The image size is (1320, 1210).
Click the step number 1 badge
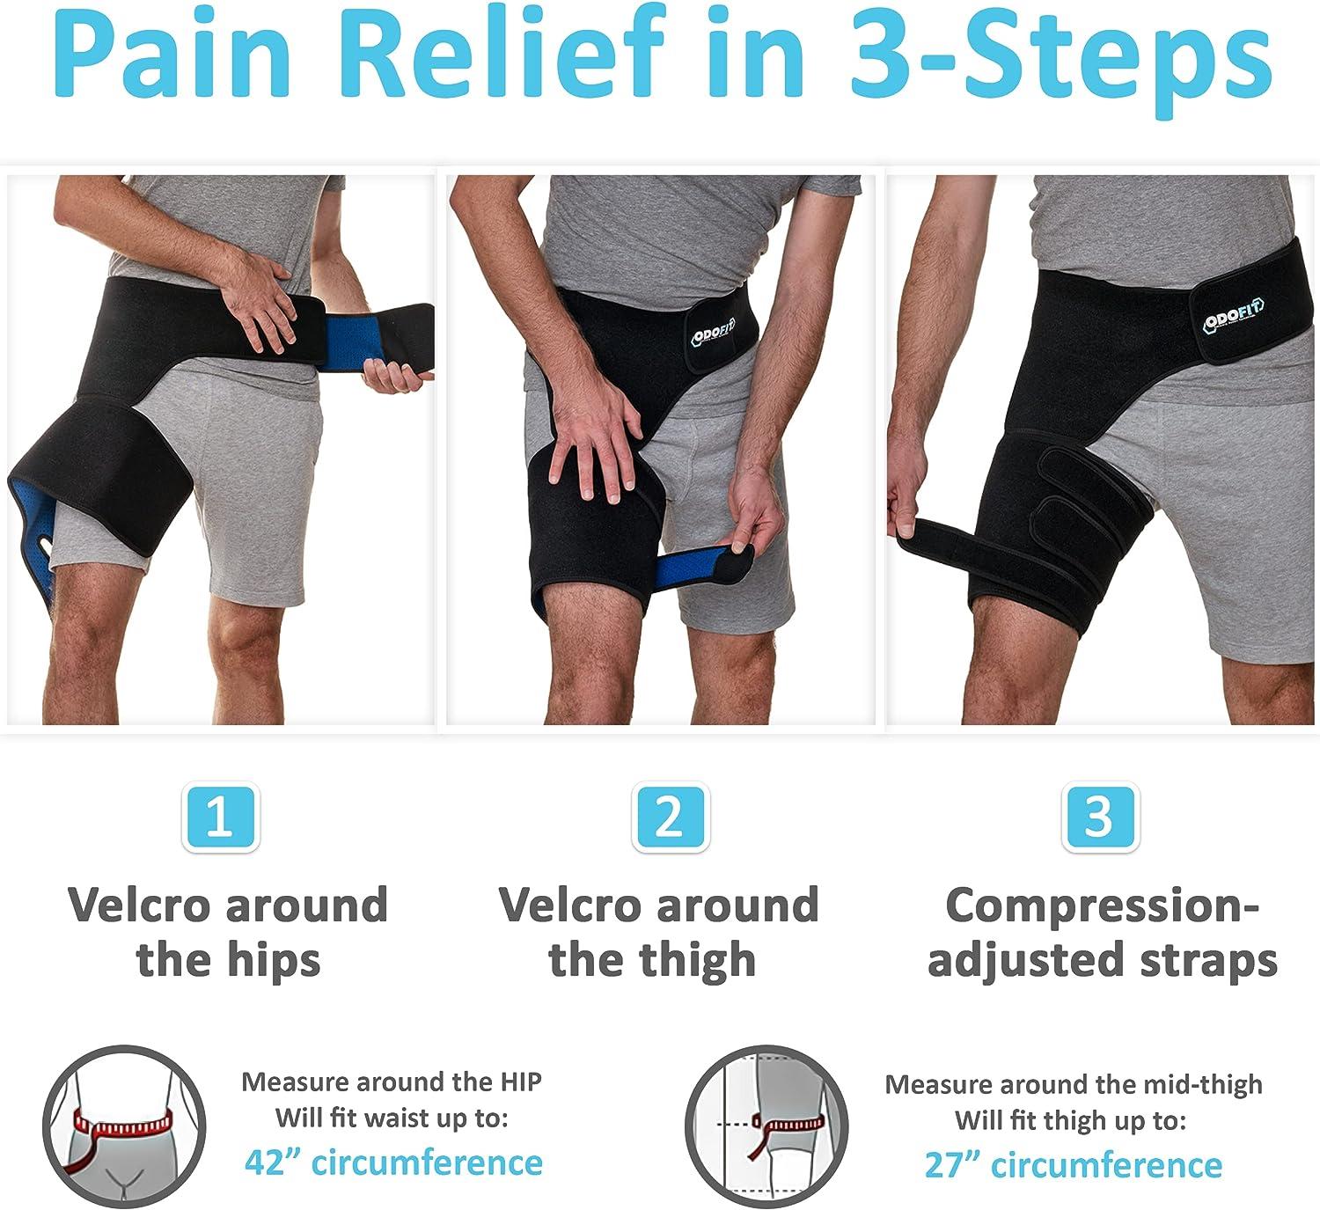[x=219, y=818]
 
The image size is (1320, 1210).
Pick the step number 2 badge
[x=670, y=818]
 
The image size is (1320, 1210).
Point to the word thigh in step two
[x=704, y=960]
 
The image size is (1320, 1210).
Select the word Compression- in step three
[x=1103, y=906]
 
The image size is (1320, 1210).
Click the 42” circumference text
[x=392, y=1162]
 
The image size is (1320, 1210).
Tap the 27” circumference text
[x=1073, y=1165]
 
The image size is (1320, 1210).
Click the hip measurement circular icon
[x=123, y=1126]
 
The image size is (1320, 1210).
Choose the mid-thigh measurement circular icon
[x=766, y=1127]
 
